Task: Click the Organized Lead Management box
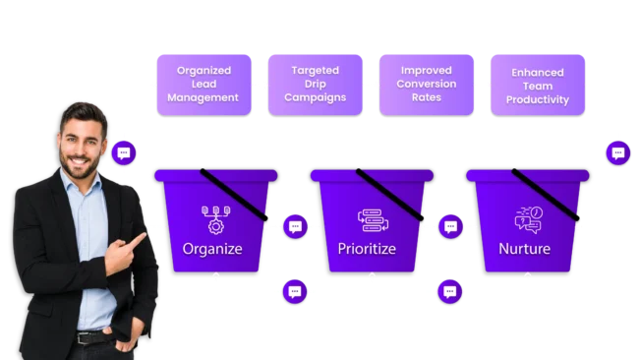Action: pos(203,84)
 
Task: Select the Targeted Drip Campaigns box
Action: pos(315,84)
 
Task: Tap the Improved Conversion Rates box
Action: pos(425,84)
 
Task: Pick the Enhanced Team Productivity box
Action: pos(537,86)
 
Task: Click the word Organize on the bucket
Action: pos(212,248)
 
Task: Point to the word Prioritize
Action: pos(367,248)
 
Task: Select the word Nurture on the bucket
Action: pos(524,248)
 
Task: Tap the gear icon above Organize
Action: pos(213,217)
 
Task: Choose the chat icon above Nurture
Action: pos(527,219)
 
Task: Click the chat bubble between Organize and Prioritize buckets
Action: pos(295,226)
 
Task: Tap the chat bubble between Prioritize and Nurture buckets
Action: pos(450,226)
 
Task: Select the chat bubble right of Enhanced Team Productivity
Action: pos(617,152)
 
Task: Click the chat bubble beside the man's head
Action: pos(123,152)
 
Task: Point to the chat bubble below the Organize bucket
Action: pos(295,291)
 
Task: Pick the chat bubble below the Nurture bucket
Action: pos(450,291)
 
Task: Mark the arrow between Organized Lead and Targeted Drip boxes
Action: pos(261,85)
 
